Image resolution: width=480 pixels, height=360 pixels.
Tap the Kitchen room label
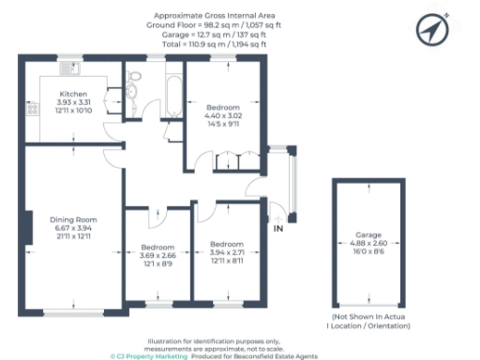74,95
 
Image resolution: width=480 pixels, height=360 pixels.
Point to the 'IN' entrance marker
277,228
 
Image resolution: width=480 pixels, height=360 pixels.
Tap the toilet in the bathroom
133,91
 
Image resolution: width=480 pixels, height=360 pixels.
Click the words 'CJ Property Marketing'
150,356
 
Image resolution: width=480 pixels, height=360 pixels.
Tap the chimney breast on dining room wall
28,223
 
